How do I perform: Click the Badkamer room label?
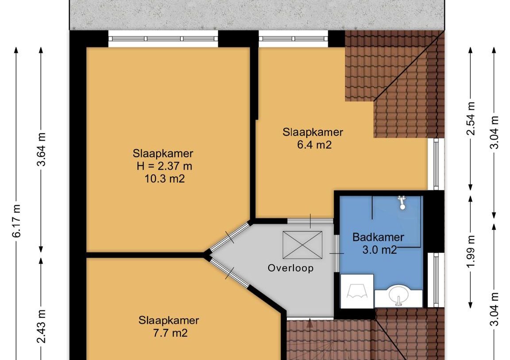378,237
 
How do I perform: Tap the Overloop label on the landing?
290,268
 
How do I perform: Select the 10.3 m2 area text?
165,178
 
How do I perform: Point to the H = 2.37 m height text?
164,166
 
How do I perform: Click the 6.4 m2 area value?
314,144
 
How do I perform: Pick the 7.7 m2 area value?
170,333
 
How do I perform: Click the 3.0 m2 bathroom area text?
379,250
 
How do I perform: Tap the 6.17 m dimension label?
17,221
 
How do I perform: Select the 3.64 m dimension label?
41,149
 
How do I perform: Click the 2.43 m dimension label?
41,326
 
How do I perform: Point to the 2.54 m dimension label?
471,118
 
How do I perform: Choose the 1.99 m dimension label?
471,252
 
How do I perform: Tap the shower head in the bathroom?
402,202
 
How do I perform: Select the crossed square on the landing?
302,245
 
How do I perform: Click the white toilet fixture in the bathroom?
357,291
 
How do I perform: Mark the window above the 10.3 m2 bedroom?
163,39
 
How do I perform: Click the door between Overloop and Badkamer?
336,253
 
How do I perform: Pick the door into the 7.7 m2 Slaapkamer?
230,273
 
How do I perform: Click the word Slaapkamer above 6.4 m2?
313,132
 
